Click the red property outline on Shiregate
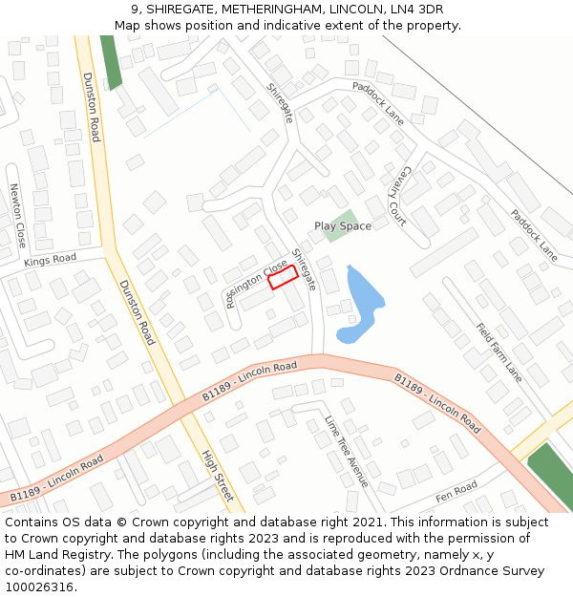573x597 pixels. [x=281, y=277]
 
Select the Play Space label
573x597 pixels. [x=343, y=226]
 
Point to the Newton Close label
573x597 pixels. [x=18, y=215]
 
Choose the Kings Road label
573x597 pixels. [x=50, y=259]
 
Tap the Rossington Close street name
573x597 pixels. [x=256, y=284]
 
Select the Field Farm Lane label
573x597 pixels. [x=499, y=352]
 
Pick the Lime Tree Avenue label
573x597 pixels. [x=346, y=451]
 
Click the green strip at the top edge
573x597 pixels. [x=112, y=62]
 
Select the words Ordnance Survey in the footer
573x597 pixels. [x=489, y=571]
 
